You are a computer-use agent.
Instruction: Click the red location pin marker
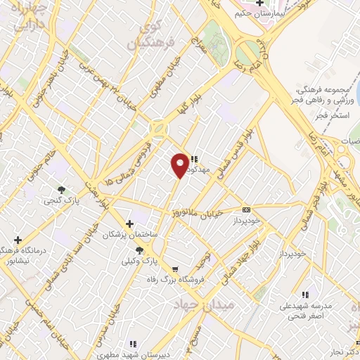(x=180, y=165)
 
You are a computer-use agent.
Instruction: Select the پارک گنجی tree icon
(x=62, y=189)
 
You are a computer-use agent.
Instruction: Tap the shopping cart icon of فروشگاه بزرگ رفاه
(x=174, y=269)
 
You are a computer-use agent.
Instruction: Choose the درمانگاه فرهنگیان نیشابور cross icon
(x=18, y=240)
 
